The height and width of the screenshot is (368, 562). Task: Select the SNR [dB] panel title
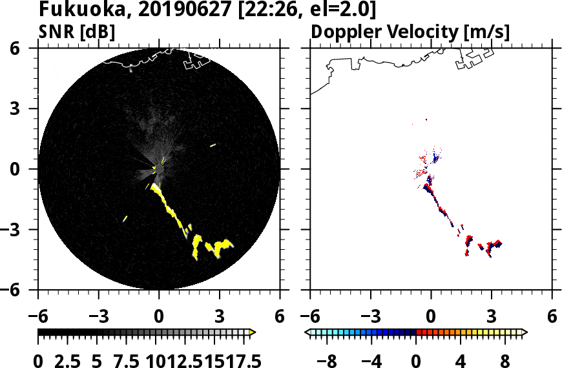[77, 32]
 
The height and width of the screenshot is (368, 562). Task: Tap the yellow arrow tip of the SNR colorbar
[253, 332]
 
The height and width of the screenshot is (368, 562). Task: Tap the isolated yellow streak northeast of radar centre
[213, 145]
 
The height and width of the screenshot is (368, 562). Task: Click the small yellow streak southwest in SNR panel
[125, 218]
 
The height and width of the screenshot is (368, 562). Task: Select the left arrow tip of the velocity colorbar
[307, 332]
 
